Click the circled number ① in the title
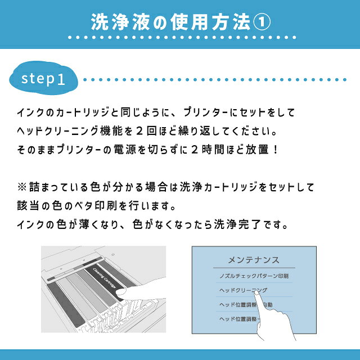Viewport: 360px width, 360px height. point(262,22)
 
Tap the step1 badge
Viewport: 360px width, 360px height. point(43,78)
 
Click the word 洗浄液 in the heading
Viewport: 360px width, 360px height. point(120,22)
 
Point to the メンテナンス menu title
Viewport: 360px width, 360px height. point(254,260)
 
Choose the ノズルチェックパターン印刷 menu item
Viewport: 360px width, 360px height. point(254,276)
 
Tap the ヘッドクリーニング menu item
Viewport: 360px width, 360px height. point(243,290)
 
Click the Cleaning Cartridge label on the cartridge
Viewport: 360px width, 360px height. point(104,278)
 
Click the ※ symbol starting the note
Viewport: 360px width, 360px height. point(22,187)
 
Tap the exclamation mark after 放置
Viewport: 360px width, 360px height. point(276,150)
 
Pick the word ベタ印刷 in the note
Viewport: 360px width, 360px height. point(96,205)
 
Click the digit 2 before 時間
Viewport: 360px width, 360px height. point(194,150)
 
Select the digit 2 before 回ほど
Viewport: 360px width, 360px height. point(139,131)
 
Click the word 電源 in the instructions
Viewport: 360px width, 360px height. point(125,150)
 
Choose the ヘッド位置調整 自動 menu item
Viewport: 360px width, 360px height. point(245,305)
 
